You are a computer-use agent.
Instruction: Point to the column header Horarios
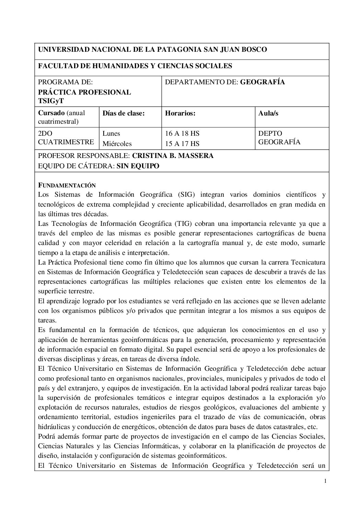pyautogui.click(x=180, y=113)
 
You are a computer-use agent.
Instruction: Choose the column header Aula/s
pyautogui.click(x=268, y=113)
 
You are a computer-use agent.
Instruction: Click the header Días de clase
pyautogui.click(x=123, y=113)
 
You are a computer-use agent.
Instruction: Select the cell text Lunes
pyautogui.click(x=111, y=134)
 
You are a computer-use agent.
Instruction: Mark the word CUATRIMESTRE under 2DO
pyautogui.click(x=66, y=142)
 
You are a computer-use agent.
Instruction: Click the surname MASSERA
pyautogui.click(x=196, y=156)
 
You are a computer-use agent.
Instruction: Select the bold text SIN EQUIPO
pyautogui.click(x=138, y=166)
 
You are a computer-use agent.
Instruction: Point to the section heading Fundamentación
pyautogui.click(x=67, y=185)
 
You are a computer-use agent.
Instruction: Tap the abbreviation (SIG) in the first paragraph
pyautogui.click(x=186, y=195)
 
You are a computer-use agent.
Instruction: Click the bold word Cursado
pyautogui.click(x=51, y=113)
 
